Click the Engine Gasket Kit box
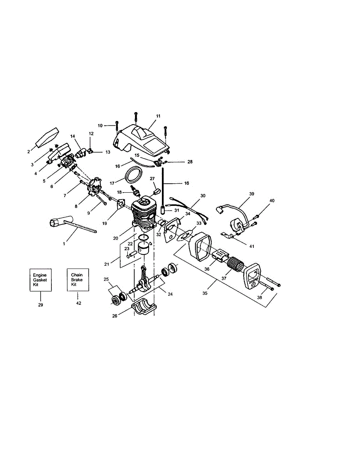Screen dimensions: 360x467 [40, 280]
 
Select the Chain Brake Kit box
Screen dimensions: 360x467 [78, 279]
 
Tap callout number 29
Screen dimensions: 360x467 [40, 305]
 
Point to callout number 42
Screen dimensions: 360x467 [79, 303]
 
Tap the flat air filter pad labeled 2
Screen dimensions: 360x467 [47, 137]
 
